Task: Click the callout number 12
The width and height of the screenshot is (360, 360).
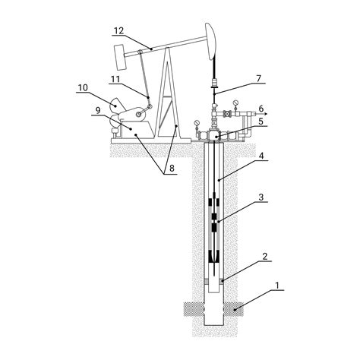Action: tap(118, 30)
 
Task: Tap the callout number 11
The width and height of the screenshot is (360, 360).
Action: tap(115, 79)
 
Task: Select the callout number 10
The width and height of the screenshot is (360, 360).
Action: tap(83, 88)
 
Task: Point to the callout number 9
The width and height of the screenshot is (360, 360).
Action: tap(98, 110)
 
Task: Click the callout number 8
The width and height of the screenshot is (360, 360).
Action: tap(172, 169)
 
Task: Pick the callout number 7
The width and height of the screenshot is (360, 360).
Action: tap(258, 79)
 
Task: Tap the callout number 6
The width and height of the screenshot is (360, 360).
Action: tap(261, 109)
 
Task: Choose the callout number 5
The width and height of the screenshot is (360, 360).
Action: tap(261, 122)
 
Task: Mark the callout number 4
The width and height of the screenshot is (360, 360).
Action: tap(261, 156)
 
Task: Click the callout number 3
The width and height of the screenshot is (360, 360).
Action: tap(261, 197)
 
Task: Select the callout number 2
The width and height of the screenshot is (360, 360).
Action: tap(265, 257)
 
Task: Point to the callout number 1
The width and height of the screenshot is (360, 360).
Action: tap(277, 286)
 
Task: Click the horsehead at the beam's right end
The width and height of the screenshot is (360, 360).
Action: tap(211, 41)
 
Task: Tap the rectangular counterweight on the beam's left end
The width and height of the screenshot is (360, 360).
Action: tap(120, 57)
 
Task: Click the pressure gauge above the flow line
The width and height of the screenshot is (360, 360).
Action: tap(236, 103)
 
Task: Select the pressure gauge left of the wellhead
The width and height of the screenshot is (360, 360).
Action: tap(196, 123)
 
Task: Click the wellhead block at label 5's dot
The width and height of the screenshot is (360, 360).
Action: tap(215, 134)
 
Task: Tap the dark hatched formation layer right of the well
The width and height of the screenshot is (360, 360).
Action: tap(233, 309)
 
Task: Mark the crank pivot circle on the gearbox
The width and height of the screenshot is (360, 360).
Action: tap(138, 115)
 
